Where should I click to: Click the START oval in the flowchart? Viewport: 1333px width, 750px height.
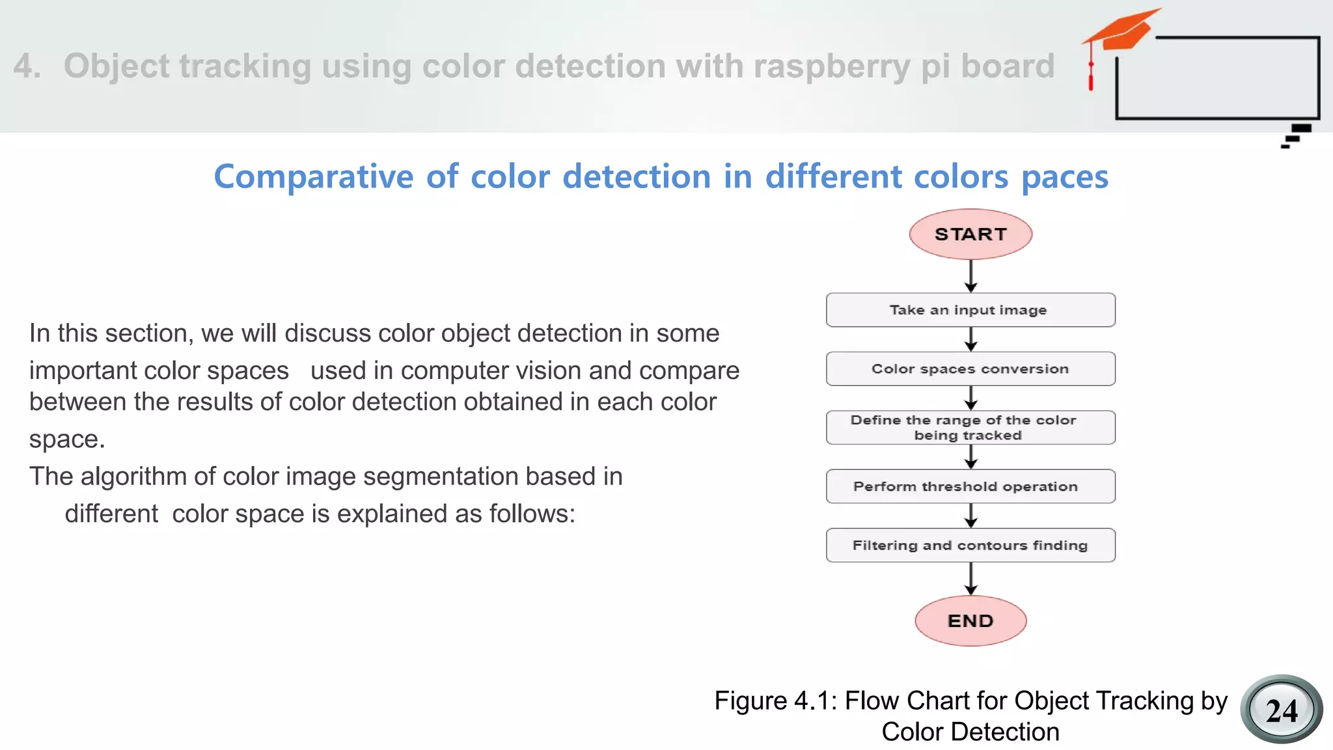click(970, 234)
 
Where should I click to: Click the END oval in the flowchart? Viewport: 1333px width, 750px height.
click(970, 621)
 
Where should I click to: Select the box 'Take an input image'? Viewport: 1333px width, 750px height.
click(970, 310)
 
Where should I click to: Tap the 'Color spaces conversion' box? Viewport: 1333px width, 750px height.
click(970, 369)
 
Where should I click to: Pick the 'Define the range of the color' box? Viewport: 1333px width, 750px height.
click(970, 428)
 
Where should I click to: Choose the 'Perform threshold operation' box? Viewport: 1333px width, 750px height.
click(970, 486)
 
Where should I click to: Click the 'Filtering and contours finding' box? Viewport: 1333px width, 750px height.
click(970, 546)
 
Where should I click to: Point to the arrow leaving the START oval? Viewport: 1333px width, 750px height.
click(970, 276)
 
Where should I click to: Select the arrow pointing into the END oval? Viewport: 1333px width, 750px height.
click(970, 579)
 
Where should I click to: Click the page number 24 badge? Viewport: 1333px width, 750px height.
click(1281, 710)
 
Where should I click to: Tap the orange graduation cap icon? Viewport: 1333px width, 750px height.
click(1123, 31)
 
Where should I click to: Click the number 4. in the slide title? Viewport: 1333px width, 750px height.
click(27, 66)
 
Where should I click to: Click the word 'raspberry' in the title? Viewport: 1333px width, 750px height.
click(831, 66)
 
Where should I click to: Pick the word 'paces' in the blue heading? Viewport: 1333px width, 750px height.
click(1065, 177)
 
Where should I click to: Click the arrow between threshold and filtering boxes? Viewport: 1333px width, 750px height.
click(970, 516)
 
